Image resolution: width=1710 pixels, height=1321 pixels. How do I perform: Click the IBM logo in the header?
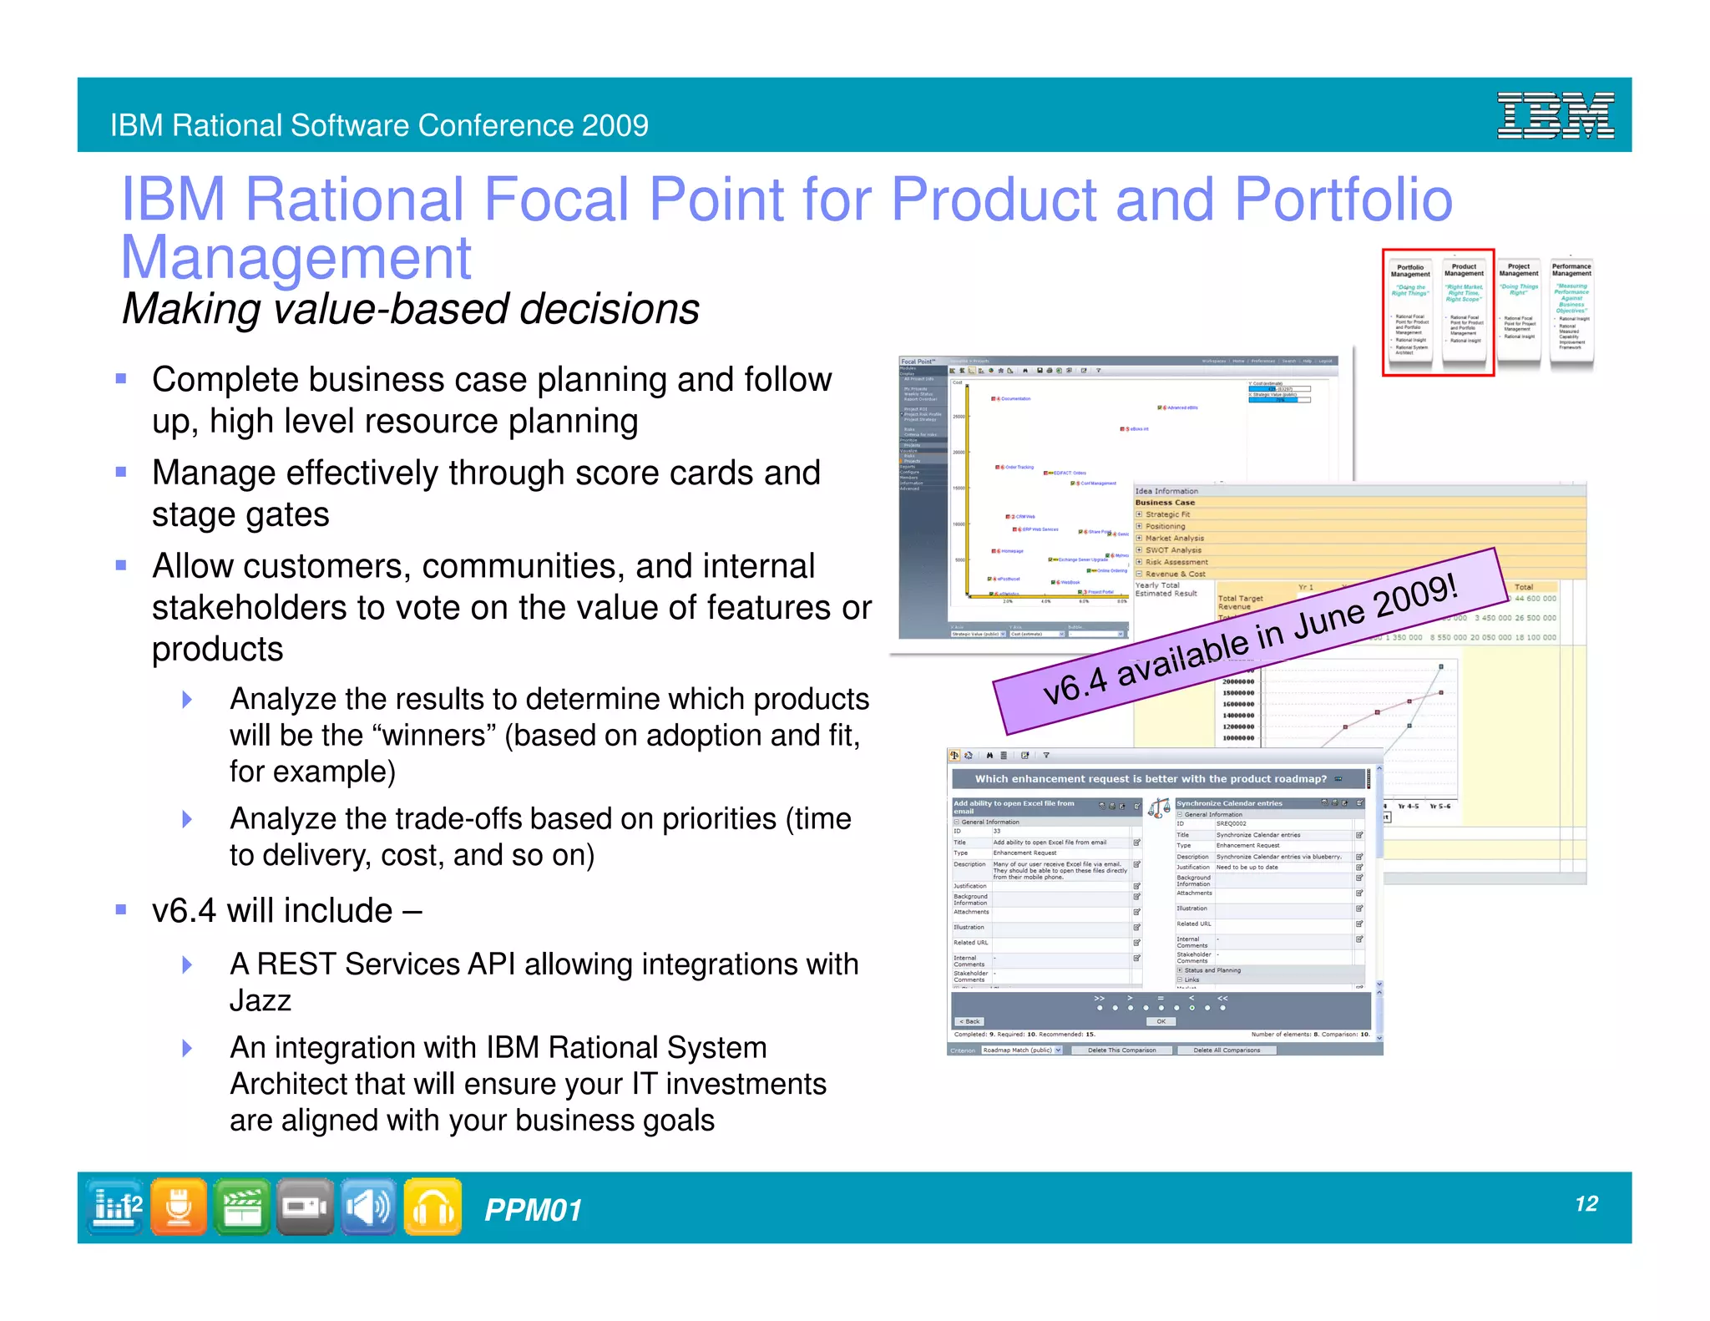coord(1555,115)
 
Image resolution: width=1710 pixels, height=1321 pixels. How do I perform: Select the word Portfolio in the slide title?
coord(1343,200)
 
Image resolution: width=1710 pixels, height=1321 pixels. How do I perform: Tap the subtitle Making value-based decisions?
coord(410,309)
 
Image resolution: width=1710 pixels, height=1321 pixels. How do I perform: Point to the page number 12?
coord(1586,1203)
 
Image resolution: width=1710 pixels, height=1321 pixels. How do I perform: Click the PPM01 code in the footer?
coord(533,1210)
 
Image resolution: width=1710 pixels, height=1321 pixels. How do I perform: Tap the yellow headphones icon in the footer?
coord(433,1207)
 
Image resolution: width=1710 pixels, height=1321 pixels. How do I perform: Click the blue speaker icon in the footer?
coord(368,1207)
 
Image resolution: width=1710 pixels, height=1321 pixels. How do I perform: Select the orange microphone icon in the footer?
coord(179,1207)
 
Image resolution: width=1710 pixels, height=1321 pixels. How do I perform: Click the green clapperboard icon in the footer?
coord(242,1207)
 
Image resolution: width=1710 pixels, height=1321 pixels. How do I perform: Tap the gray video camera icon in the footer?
coord(305,1207)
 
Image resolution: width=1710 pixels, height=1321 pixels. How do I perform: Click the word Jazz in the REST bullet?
coord(260,1000)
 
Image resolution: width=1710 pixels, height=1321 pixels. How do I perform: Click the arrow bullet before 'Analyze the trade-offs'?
coord(187,819)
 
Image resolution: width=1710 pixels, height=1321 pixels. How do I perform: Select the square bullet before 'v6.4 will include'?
coord(121,909)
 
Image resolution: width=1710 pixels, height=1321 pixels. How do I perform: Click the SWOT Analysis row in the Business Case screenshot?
coord(1173,550)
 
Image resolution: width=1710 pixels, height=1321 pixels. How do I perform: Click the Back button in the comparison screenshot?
coord(969,1021)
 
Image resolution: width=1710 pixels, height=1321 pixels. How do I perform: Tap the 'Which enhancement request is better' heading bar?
coord(1152,779)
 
